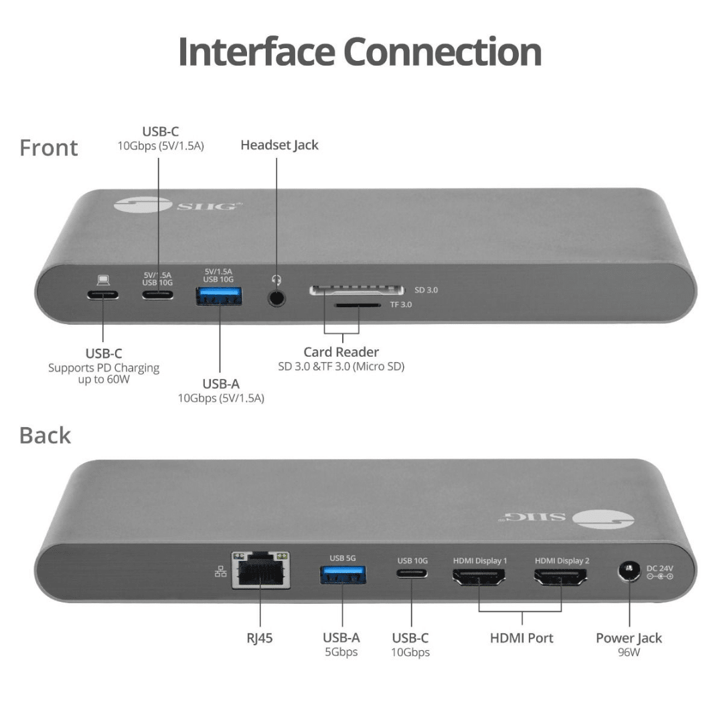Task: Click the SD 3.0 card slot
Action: click(357, 291)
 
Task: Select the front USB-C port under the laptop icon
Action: click(102, 295)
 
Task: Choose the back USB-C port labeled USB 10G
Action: click(412, 574)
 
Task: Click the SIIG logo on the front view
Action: click(177, 204)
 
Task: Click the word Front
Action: click(49, 147)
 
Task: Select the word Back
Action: click(45, 435)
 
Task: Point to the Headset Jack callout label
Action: click(279, 145)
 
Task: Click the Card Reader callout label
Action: click(341, 352)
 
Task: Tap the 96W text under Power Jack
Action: click(629, 651)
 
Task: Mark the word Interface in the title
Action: click(258, 52)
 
